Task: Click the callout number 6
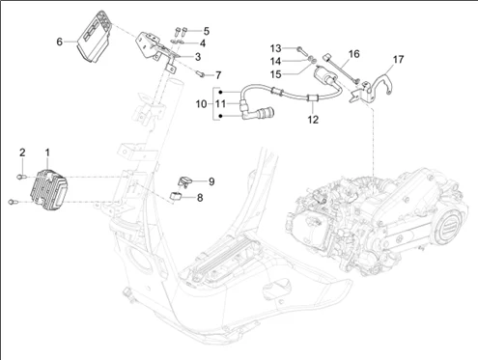(x=59, y=42)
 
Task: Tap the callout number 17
(x=398, y=60)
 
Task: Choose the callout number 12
(x=313, y=120)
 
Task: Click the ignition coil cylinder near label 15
(x=325, y=75)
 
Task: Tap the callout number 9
(x=211, y=181)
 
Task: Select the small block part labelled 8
(x=176, y=196)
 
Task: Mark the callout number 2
(x=22, y=152)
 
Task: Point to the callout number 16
(x=353, y=54)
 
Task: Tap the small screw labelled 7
(x=200, y=74)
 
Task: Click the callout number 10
(x=201, y=104)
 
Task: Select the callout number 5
(x=206, y=31)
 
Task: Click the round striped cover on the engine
(x=448, y=228)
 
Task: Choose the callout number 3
(x=198, y=57)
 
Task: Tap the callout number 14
(x=275, y=61)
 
